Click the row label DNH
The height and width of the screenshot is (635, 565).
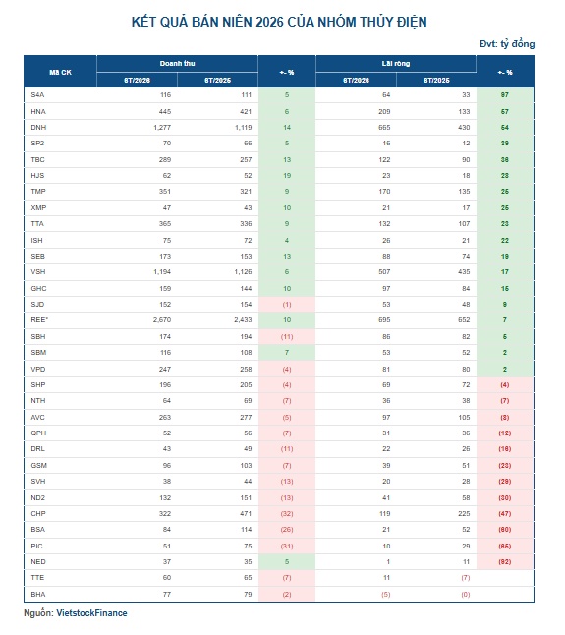pos(38,128)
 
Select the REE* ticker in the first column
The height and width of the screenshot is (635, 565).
pos(39,320)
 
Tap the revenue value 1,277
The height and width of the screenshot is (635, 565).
pos(162,128)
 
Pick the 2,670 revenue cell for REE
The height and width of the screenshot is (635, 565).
pos(162,320)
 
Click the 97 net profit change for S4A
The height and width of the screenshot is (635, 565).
pos(505,95)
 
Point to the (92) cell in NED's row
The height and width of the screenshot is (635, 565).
pos(505,562)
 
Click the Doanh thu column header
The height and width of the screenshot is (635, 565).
pos(177,64)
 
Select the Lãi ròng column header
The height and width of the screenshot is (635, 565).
pos(396,64)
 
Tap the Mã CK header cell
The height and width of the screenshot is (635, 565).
pos(60,72)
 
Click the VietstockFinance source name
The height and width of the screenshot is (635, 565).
pos(91,613)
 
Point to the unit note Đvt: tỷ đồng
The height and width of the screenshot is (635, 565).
pos(507,43)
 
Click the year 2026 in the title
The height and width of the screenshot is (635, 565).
pos(269,22)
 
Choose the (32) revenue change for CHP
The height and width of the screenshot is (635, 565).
pos(287,514)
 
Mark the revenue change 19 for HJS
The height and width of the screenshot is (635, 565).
pos(287,176)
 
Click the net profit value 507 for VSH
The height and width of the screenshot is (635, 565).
pos(384,272)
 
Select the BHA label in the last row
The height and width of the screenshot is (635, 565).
pos(38,595)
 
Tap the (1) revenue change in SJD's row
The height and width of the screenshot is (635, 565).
pos(287,305)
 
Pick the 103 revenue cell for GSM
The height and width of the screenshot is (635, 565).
pos(246,466)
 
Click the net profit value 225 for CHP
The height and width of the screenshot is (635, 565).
pos(464,514)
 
